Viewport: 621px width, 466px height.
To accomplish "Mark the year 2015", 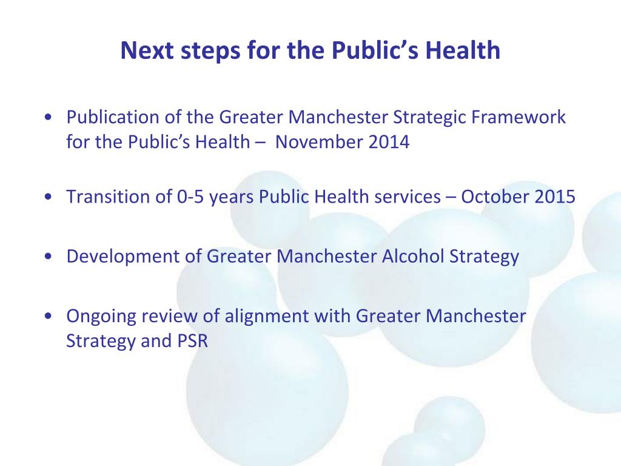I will point(554,197).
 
